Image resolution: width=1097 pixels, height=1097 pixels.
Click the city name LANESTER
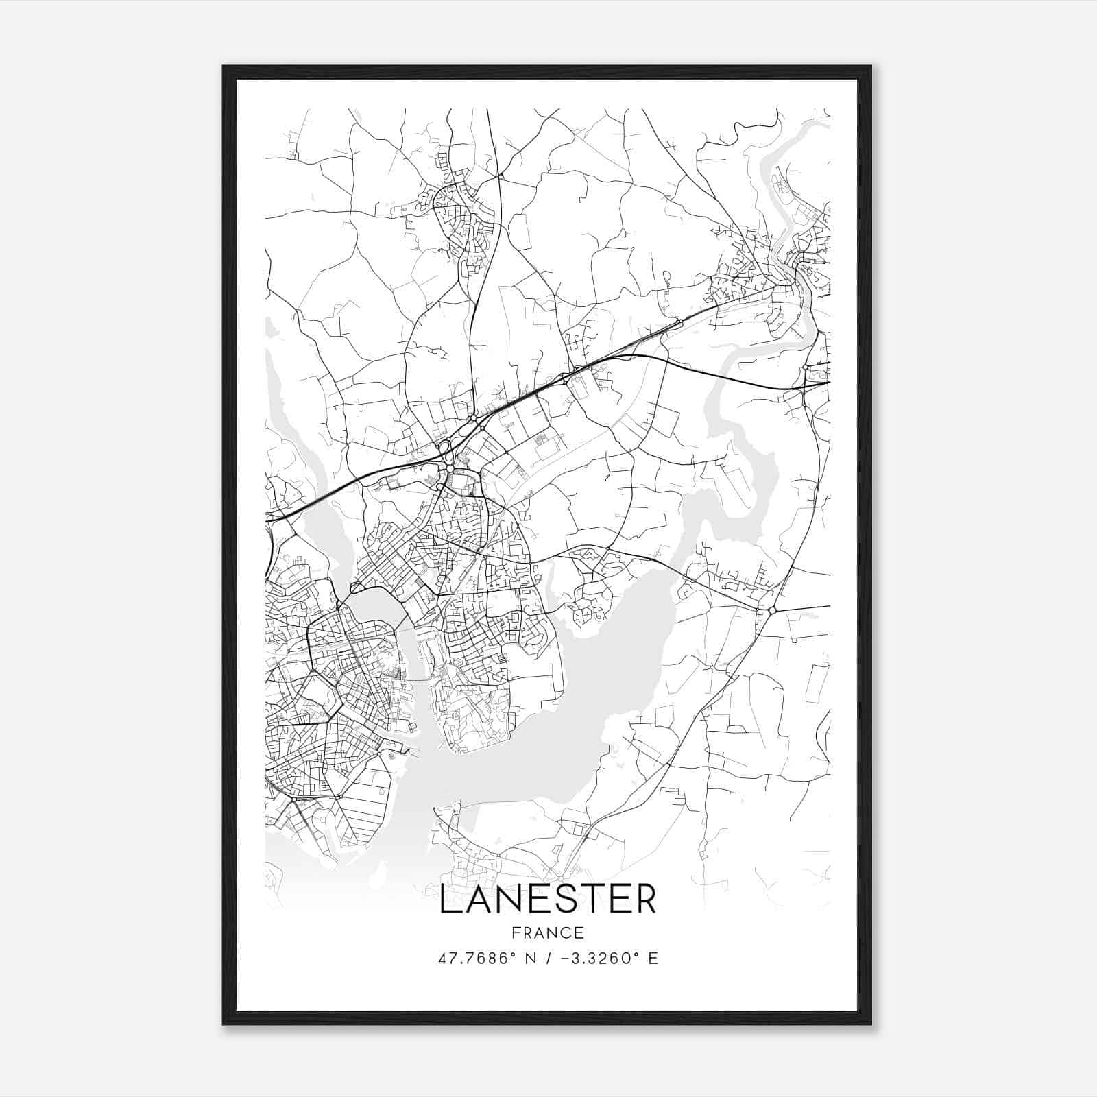[547, 900]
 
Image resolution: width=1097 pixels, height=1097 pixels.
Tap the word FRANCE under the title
[547, 932]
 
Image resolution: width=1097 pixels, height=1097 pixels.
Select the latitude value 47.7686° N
[485, 959]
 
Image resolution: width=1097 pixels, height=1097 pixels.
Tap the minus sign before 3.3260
[564, 959]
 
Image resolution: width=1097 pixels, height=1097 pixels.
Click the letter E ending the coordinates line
[653, 959]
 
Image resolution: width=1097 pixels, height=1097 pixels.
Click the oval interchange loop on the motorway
[446, 452]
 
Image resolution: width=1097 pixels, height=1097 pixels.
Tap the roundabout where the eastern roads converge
[772, 610]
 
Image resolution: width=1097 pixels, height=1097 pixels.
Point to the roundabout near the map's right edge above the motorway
[805, 368]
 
